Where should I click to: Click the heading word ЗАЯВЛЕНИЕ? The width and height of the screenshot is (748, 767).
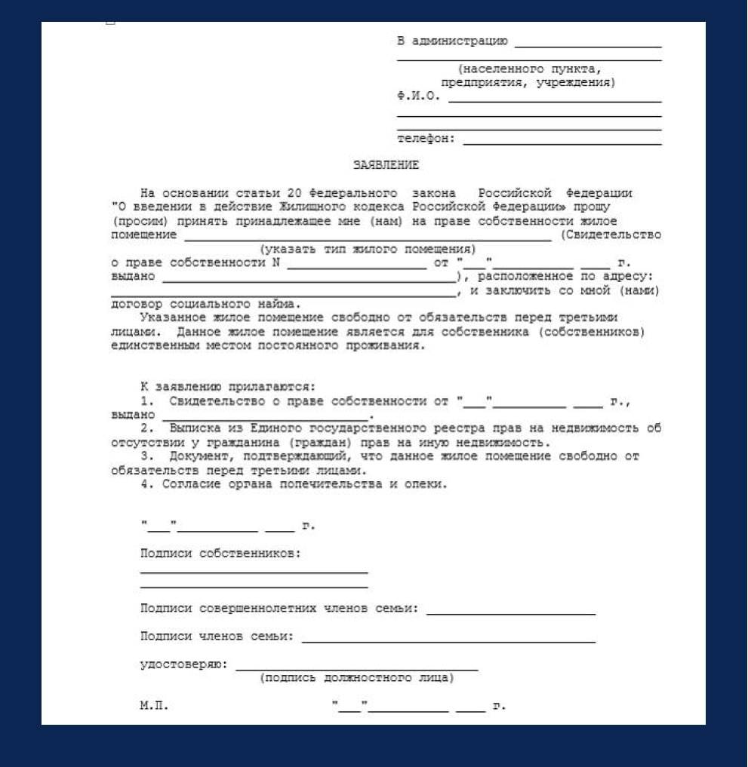(386, 165)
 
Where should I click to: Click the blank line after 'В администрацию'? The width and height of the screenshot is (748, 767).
(587, 45)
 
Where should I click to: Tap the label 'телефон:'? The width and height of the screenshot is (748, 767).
(426, 139)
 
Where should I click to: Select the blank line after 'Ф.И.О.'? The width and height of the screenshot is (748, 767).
(554, 100)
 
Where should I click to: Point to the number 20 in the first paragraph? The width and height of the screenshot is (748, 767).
(295, 194)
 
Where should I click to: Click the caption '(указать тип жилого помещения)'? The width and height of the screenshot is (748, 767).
(368, 249)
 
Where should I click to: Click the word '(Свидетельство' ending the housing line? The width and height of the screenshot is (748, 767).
(611, 235)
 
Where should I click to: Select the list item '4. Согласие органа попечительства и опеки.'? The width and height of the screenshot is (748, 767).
(294, 484)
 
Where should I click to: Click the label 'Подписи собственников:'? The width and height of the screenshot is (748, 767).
(220, 554)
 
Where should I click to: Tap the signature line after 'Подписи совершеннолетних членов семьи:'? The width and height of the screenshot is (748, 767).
(511, 613)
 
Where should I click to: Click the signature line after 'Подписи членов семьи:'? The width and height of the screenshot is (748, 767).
(448, 641)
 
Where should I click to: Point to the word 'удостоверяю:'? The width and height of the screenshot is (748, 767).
(183, 664)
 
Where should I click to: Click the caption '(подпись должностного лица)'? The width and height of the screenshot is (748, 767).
(356, 678)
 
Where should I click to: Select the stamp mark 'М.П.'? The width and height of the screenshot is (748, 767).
(154, 707)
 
